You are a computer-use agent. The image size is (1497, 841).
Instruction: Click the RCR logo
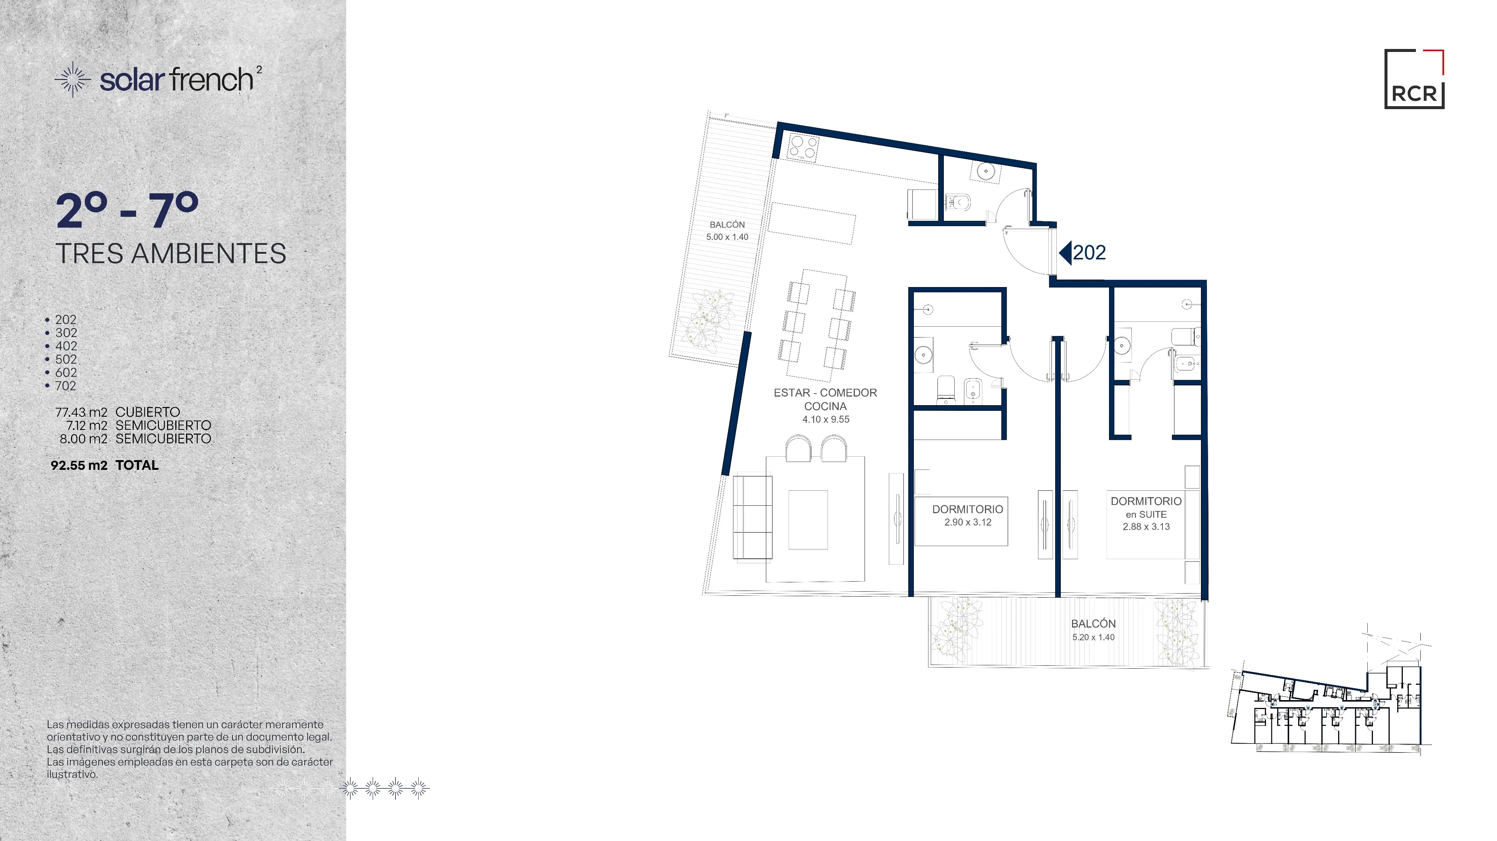click(x=1414, y=79)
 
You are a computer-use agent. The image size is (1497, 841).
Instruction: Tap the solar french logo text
click(x=177, y=80)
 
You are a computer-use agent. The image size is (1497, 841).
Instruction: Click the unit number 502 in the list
click(x=66, y=359)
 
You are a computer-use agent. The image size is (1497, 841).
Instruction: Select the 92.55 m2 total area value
click(x=79, y=465)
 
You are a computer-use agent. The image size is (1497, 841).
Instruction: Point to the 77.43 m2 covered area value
click(x=81, y=412)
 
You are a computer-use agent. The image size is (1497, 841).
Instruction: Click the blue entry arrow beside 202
click(x=1065, y=253)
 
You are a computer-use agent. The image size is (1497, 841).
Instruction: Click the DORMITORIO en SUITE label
click(x=1146, y=507)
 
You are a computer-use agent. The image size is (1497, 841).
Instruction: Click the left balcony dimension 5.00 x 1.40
click(x=727, y=237)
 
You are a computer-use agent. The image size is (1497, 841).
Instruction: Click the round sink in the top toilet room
click(x=986, y=172)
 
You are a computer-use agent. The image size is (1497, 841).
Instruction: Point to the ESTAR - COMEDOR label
click(x=825, y=393)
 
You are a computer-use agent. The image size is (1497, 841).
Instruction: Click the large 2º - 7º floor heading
click(x=127, y=210)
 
